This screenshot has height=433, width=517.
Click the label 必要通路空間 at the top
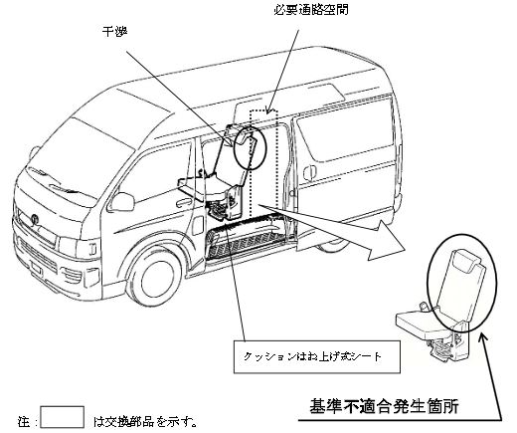point(311,10)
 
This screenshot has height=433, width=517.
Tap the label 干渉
point(114,32)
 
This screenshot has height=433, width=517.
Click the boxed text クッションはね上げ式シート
point(312,356)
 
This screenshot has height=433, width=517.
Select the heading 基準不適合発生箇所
point(384,406)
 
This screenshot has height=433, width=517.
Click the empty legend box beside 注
point(62,417)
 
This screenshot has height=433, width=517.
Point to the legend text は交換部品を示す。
point(146,421)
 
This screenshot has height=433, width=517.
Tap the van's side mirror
point(121,202)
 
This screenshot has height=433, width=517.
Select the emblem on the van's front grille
point(35,219)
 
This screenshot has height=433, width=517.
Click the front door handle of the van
point(184,201)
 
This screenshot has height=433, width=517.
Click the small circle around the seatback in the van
point(251,147)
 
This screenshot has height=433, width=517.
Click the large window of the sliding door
point(345,131)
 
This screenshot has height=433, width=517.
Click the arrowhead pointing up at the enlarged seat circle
point(483,338)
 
